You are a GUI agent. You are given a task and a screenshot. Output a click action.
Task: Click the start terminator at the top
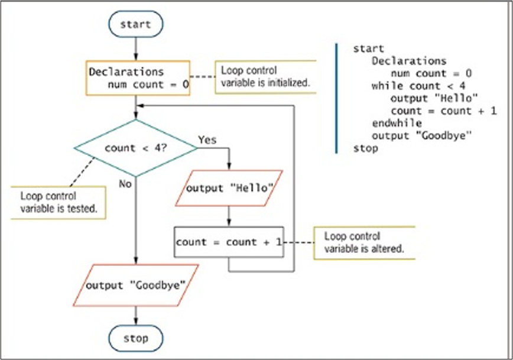(135, 24)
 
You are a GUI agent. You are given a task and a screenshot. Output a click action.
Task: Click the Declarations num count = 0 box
(138, 77)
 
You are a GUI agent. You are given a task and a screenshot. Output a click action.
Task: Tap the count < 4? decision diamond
(135, 148)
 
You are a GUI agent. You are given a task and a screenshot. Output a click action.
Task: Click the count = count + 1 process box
(229, 242)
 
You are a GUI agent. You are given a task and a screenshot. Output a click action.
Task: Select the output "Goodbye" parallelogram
(136, 285)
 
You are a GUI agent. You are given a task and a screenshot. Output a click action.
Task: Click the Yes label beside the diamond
(207, 141)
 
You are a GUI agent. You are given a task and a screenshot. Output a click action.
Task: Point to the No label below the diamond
(125, 183)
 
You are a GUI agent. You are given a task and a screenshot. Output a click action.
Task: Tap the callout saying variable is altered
(365, 242)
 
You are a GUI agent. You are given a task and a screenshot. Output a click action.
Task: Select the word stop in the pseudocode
(365, 148)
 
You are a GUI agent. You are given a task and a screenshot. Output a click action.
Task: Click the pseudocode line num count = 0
(431, 73)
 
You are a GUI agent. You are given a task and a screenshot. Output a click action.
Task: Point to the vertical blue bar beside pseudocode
(337, 98)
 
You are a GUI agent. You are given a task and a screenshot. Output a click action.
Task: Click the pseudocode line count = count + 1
(443, 111)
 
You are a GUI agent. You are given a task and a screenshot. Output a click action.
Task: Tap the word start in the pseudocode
(368, 48)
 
